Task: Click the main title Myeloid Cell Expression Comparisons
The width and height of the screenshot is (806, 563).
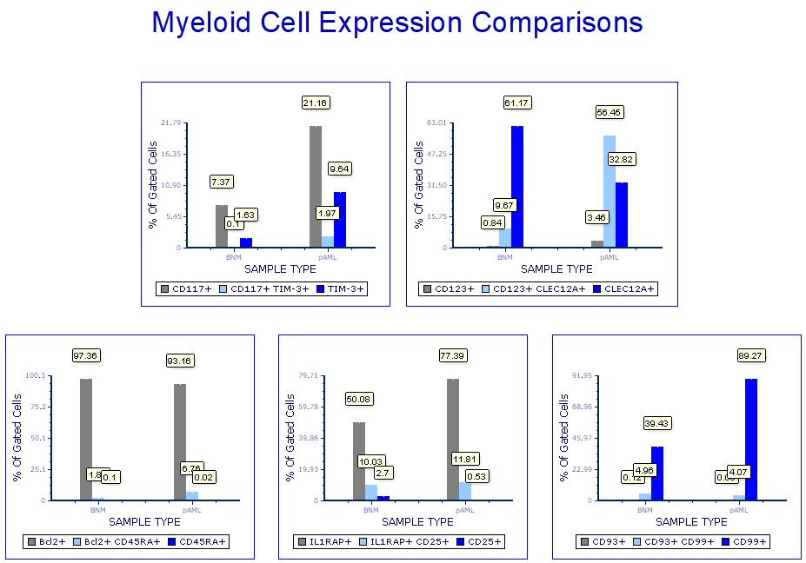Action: coord(397,22)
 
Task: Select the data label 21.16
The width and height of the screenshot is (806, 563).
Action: coord(315,103)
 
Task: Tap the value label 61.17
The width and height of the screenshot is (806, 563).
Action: coord(516,103)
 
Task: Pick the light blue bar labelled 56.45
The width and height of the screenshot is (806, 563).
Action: coord(609,191)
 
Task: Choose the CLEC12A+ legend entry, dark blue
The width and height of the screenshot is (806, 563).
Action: coord(623,288)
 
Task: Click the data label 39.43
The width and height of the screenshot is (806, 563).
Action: coord(656,423)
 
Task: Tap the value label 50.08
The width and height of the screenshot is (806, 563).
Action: coord(359,399)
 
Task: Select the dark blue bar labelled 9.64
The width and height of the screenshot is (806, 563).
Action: coord(340,220)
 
